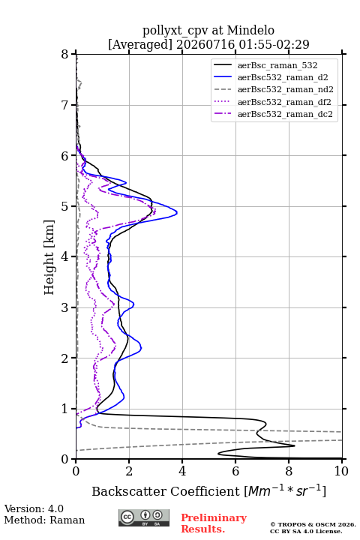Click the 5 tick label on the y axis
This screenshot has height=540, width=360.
click(64, 207)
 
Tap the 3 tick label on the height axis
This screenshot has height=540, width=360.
click(64, 307)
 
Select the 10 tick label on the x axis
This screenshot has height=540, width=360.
click(341, 471)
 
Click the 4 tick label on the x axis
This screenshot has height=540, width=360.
click(182, 471)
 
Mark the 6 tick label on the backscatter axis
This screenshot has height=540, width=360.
click(235, 471)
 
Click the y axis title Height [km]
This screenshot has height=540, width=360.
click(49, 257)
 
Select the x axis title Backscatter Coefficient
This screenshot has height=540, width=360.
click(166, 491)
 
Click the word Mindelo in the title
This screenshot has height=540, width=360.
click(250, 30)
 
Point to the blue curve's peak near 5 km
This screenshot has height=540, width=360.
click(177, 212)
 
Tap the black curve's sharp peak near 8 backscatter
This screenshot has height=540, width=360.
click(295, 445)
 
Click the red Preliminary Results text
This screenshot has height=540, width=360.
click(214, 523)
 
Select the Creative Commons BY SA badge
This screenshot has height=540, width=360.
click(144, 518)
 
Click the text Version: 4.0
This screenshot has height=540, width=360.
click(34, 508)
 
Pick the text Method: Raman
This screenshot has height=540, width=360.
click(44, 520)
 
